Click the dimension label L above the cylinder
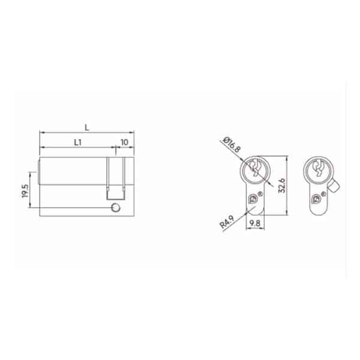coord(87,127)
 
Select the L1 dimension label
coord(78,142)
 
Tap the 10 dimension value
coord(124,142)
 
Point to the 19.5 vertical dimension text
coord(25,191)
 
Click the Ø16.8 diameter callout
coord(232,145)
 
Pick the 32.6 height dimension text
coord(282,185)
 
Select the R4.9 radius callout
coord(227,221)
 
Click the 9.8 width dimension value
coord(254,223)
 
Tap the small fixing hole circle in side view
coord(115,208)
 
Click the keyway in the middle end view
coord(255,168)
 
